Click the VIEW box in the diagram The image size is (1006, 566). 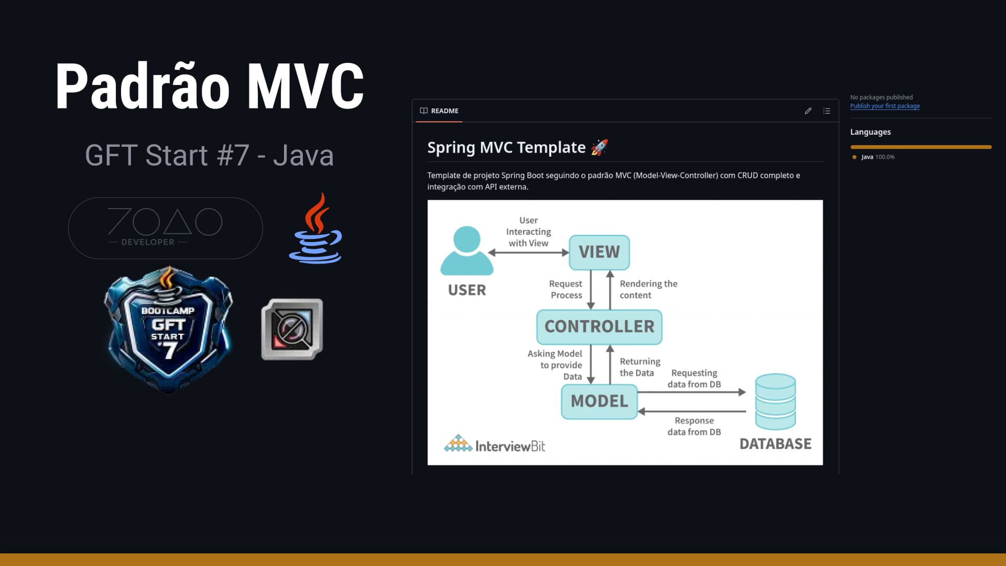tap(599, 252)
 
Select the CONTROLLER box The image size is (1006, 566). tap(599, 326)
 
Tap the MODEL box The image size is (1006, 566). tap(599, 401)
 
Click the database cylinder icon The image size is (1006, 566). tap(775, 401)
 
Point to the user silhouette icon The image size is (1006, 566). tap(466, 251)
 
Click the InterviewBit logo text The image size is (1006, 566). tap(509, 446)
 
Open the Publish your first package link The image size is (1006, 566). tap(884, 106)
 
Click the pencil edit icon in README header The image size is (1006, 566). tap(807, 111)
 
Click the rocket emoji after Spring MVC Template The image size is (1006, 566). tap(599, 147)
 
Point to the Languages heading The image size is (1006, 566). tap(870, 132)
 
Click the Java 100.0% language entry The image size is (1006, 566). tap(877, 157)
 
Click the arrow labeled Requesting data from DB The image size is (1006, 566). tap(692, 392)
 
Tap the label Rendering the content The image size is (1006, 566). tap(648, 289)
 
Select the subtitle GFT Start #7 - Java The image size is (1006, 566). tap(209, 155)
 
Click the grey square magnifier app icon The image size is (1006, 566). tap(292, 329)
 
